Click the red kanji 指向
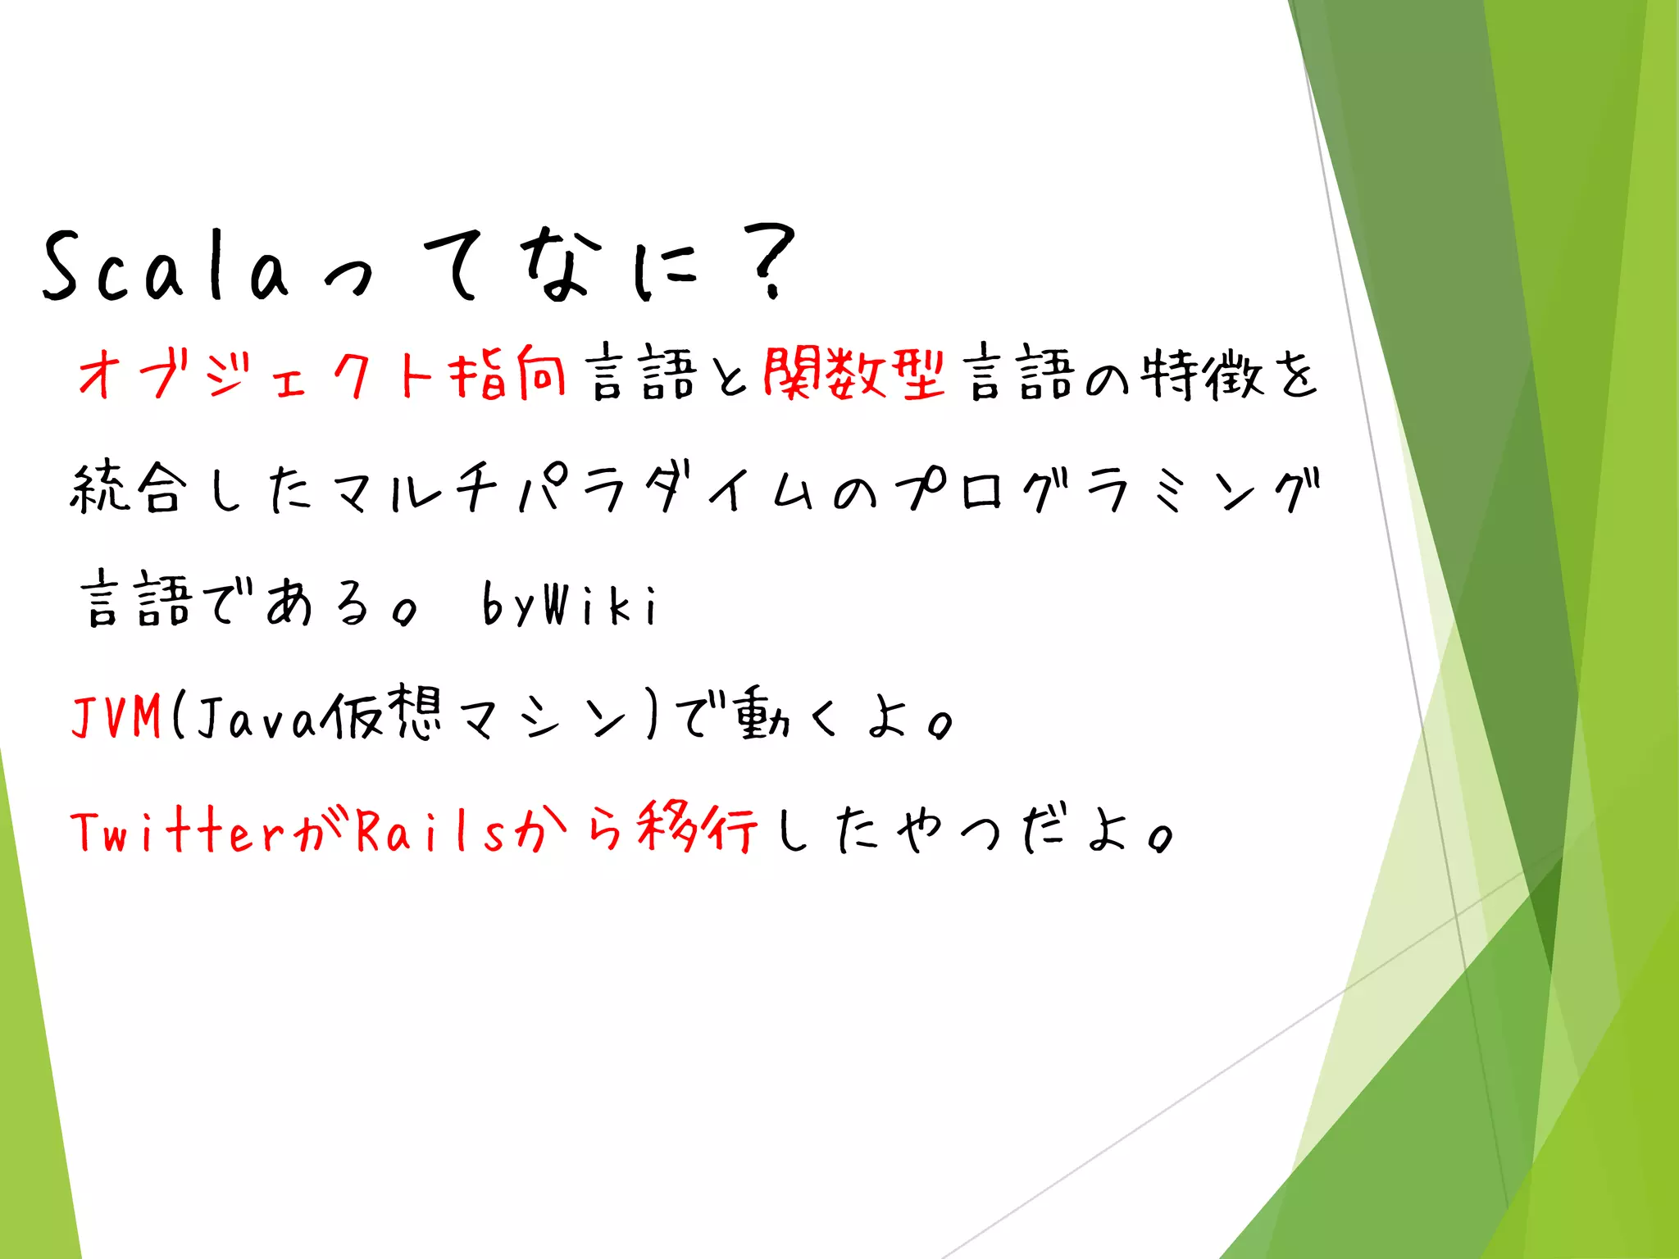(507, 374)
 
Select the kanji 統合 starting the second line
(127, 489)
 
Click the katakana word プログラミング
(1107, 489)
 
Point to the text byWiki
(569, 605)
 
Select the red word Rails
(430, 831)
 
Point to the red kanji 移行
(697, 828)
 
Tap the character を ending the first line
(1295, 375)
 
